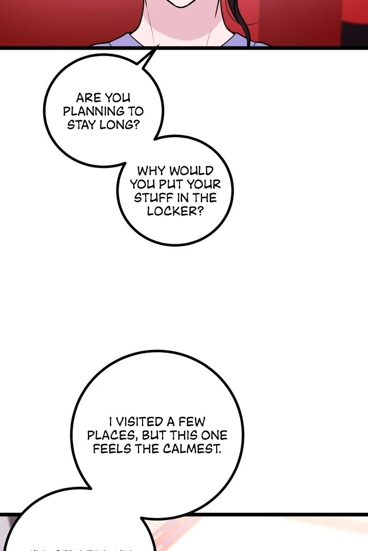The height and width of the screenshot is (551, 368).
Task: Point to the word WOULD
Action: click(x=192, y=171)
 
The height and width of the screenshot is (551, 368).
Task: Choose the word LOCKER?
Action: click(x=175, y=211)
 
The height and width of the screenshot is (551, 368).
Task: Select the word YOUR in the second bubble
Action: click(x=205, y=184)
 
